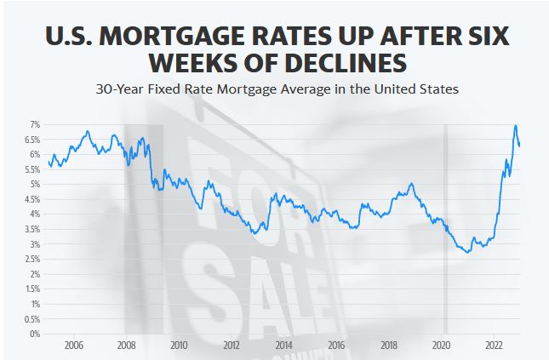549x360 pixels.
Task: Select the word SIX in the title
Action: click(x=482, y=38)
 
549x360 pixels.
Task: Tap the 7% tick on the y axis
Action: click(x=34, y=124)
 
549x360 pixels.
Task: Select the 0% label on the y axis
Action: click(x=34, y=334)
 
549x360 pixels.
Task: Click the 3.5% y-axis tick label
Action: click(x=31, y=229)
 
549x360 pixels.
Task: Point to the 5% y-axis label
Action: click(x=34, y=184)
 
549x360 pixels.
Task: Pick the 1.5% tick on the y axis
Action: click(x=31, y=289)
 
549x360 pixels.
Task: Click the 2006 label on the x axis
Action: click(x=73, y=346)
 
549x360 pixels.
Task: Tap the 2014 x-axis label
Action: click(x=284, y=346)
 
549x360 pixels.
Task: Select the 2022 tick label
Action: click(x=495, y=346)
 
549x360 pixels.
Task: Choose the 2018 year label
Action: click(x=389, y=346)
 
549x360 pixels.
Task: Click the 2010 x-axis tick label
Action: click(x=179, y=346)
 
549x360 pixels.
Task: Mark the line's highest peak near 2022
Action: click(x=515, y=126)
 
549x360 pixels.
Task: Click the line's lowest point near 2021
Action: click(x=467, y=252)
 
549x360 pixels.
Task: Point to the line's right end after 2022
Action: click(x=520, y=145)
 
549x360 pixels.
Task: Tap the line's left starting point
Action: click(x=49, y=163)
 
